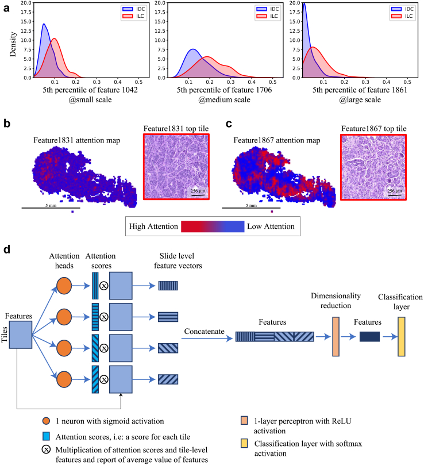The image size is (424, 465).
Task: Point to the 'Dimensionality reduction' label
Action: pyautogui.click(x=336, y=301)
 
